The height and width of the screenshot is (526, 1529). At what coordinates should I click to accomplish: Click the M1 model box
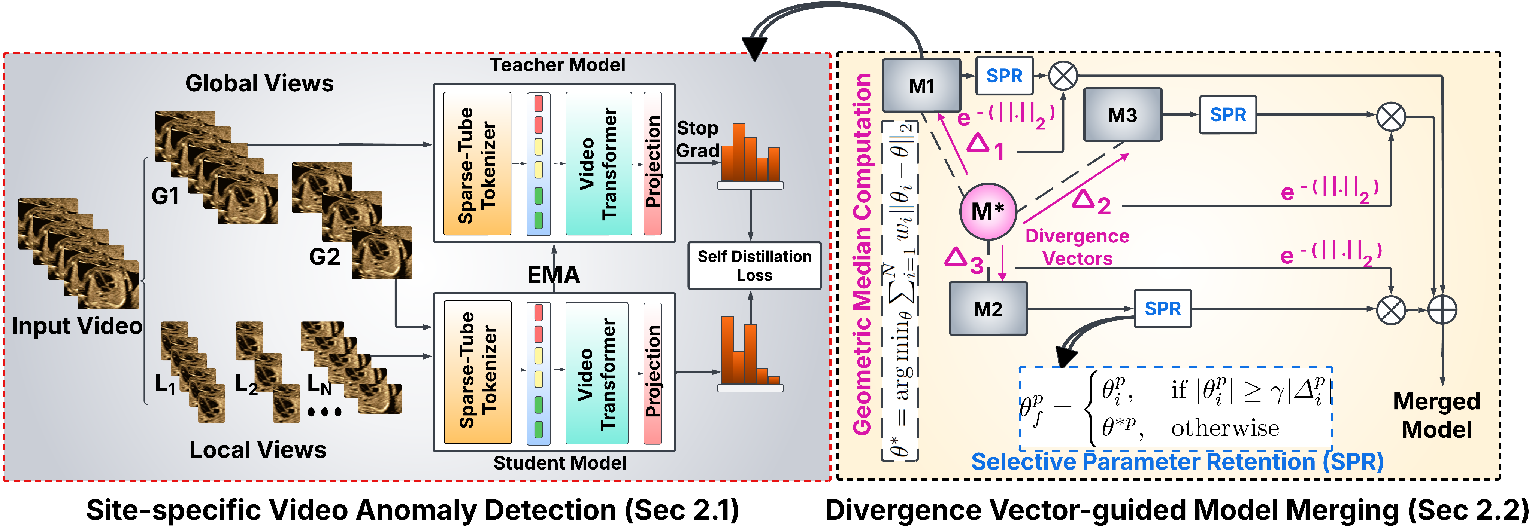tap(921, 85)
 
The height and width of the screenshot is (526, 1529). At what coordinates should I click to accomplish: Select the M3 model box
tap(1122, 114)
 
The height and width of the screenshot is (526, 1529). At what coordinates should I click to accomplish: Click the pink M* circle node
tap(988, 211)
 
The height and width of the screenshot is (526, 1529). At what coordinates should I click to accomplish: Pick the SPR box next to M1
tap(1004, 76)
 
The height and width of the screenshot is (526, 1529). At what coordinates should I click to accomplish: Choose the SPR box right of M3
tap(1227, 114)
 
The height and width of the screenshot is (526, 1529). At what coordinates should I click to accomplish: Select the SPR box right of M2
tap(1162, 308)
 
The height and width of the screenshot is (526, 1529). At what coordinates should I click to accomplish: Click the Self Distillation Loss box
tap(754, 265)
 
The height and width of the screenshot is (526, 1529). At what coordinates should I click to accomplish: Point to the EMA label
tap(553, 275)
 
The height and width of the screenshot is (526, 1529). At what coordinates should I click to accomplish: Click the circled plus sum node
tap(1442, 309)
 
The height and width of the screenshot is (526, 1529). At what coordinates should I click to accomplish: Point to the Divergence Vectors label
tap(1077, 247)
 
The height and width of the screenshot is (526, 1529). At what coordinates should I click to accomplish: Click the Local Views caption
tap(258, 450)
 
